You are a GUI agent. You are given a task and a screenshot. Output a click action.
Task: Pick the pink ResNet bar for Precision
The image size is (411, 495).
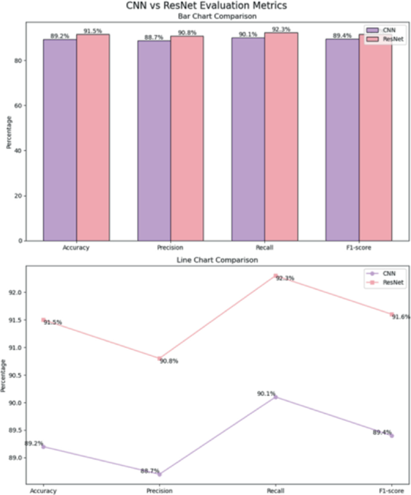187,138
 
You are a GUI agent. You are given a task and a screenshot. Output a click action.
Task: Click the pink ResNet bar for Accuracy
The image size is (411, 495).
92,137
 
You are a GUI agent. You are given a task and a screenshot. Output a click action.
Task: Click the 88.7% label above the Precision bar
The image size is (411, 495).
154,37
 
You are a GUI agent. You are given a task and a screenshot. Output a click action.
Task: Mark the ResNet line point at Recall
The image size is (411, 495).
275,276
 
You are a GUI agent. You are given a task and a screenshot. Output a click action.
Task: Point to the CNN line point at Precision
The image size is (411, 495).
159,474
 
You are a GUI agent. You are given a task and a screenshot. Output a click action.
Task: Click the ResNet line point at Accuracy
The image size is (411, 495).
43,320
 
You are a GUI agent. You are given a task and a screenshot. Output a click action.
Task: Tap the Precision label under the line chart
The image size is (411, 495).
159,491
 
